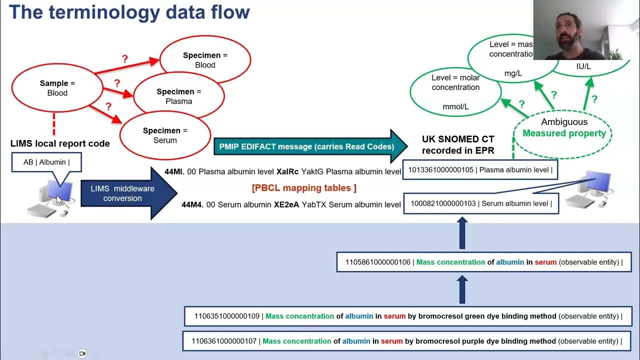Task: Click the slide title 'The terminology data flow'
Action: coord(129,12)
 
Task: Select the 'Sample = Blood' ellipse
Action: coord(57,88)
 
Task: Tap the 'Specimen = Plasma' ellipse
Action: coord(178,96)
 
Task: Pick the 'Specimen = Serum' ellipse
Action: coord(165,135)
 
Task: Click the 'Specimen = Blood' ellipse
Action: coord(205,60)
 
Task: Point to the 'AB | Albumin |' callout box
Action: coord(46,162)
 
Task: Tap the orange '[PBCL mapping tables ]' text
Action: coord(304,188)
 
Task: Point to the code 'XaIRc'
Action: coord(287,171)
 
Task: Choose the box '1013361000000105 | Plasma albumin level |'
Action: coord(480,170)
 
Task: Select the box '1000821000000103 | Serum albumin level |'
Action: coord(481,203)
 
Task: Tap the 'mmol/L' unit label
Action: coord(455,106)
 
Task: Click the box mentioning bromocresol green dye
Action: coord(408,316)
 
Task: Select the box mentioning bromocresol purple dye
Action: coord(406,341)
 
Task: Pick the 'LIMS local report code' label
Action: coord(60,144)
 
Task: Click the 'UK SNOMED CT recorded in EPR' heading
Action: coord(458,144)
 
